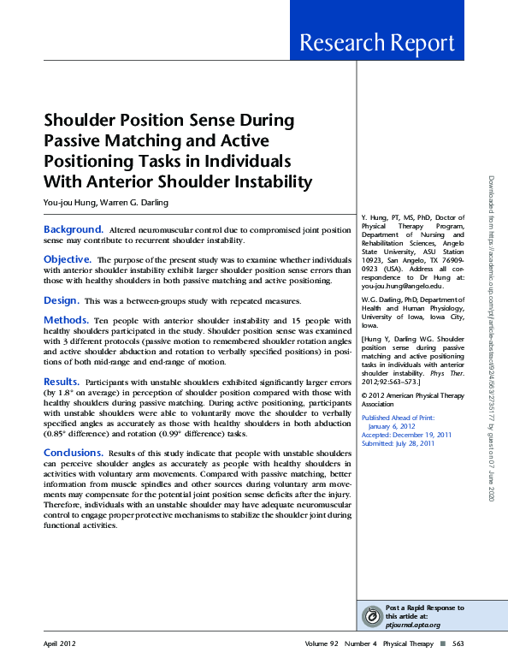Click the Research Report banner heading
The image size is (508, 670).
[376, 43]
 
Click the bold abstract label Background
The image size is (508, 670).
[74, 230]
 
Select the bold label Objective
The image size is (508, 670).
[68, 258]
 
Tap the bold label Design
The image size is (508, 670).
[62, 300]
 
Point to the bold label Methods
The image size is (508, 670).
[66, 319]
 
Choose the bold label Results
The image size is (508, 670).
[62, 381]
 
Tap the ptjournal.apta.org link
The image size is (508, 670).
[414, 625]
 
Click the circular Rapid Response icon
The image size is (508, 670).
[372, 616]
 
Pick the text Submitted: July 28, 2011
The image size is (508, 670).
[398, 420]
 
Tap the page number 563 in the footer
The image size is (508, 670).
[458, 642]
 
